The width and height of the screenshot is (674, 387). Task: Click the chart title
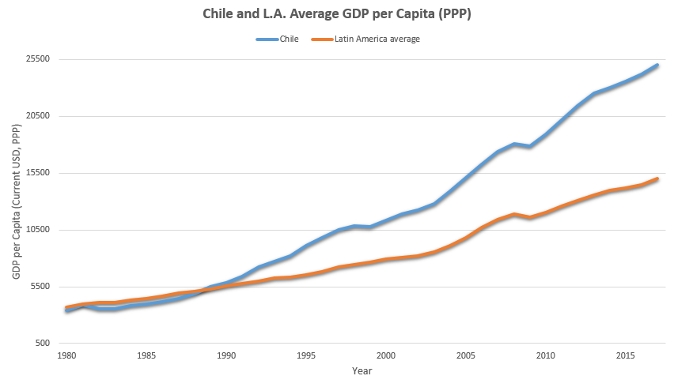[336, 15]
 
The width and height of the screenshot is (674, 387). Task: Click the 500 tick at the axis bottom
[44, 344]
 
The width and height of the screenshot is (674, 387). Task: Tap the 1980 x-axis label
[66, 355]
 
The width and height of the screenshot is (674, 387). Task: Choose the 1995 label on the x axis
[306, 355]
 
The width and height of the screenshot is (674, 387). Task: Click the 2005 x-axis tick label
[466, 355]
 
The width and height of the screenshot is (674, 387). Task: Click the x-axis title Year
[362, 370]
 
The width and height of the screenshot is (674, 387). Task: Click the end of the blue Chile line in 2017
[657, 66]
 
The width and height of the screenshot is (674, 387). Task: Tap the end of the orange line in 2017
[657, 179]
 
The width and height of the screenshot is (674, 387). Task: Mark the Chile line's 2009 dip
[530, 146]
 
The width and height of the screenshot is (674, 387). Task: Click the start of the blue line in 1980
[66, 310]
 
